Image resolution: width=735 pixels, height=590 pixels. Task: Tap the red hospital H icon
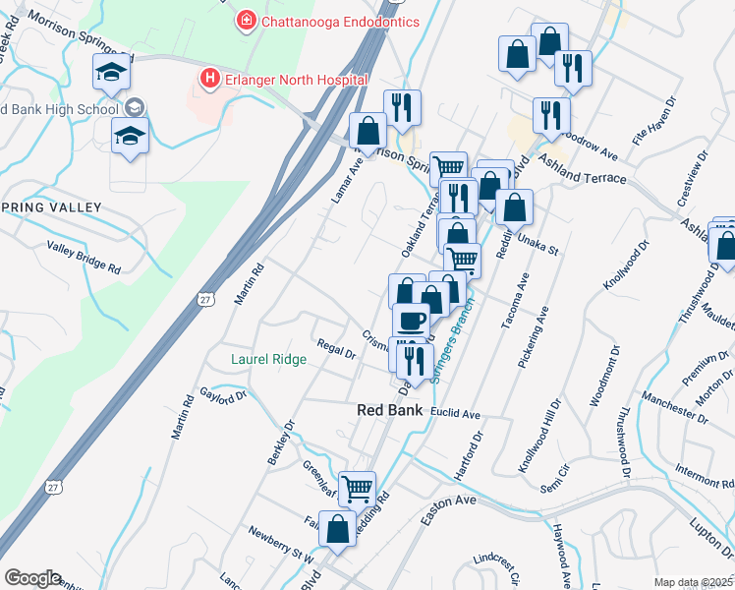pos(208,79)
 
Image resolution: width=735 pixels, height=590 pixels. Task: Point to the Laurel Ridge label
pos(268,360)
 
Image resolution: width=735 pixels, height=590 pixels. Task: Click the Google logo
pos(31,578)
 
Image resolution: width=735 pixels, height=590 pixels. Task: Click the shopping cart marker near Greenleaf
pos(358,486)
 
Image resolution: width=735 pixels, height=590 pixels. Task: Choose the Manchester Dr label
pos(675,408)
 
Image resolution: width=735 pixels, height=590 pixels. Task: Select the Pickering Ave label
pos(537,336)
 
